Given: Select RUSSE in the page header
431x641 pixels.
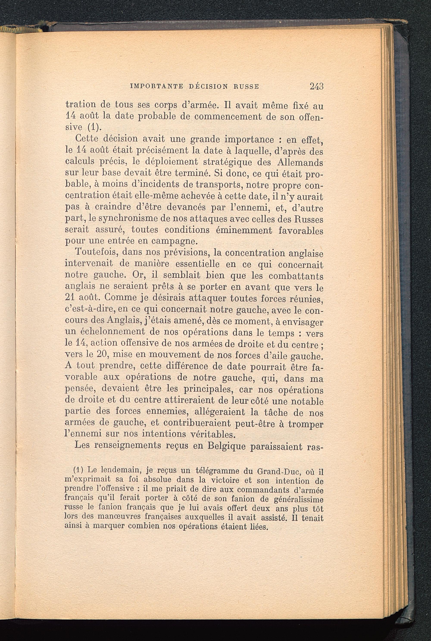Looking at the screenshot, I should [x=246, y=87].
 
